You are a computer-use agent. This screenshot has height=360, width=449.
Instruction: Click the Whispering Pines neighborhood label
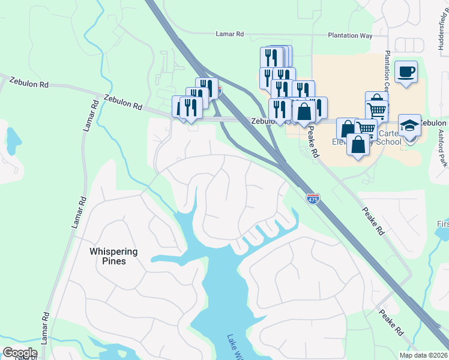point(113,256)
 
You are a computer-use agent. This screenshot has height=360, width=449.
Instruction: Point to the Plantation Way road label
point(350,36)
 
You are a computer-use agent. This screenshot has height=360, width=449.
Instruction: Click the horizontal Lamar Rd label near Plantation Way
point(230,35)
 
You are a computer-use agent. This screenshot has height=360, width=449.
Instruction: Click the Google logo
point(19,352)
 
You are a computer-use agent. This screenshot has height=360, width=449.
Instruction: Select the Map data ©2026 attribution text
point(423,355)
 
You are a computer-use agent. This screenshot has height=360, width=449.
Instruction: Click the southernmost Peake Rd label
point(391,322)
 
